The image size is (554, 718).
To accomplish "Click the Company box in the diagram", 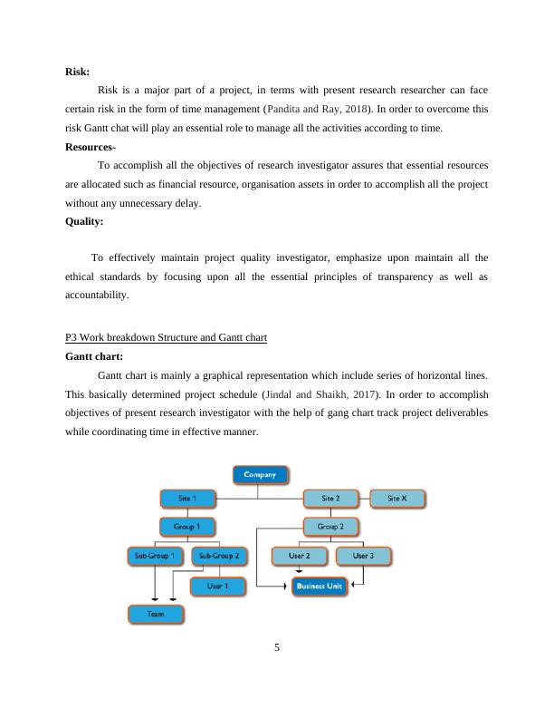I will pyautogui.click(x=260, y=474).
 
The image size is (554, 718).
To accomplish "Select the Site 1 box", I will pyautogui.click(x=187, y=498).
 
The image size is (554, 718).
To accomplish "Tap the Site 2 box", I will pyautogui.click(x=330, y=498).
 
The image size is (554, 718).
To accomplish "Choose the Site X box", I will pyautogui.click(x=396, y=498).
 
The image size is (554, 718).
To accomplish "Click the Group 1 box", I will pyautogui.click(x=187, y=526).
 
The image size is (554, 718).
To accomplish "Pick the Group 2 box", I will pyautogui.click(x=330, y=526).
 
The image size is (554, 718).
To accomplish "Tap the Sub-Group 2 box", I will pyautogui.click(x=218, y=555).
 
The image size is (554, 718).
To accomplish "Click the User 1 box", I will pyautogui.click(x=218, y=586).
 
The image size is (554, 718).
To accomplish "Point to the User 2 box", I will pyautogui.click(x=300, y=555).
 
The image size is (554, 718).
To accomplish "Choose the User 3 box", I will pyautogui.click(x=363, y=555).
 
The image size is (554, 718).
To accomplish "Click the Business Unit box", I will pyautogui.click(x=320, y=586).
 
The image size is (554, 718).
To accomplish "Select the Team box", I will pyautogui.click(x=156, y=614).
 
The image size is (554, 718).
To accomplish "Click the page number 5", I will pyautogui.click(x=277, y=647).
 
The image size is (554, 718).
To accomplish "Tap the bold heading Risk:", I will pyautogui.click(x=78, y=72).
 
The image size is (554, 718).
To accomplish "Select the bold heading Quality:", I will pyautogui.click(x=84, y=220).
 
